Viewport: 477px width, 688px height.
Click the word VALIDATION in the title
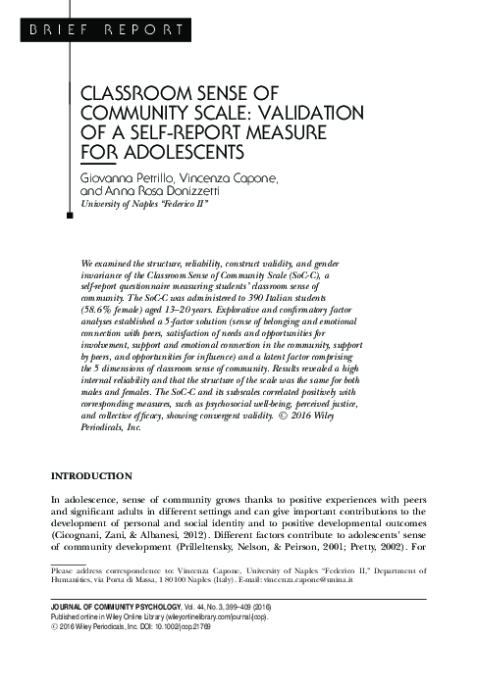tap(264, 115)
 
